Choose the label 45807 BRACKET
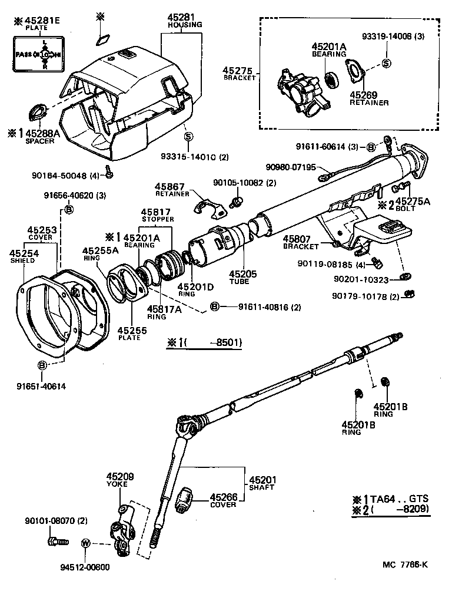[300, 242]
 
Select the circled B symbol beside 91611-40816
[215, 306]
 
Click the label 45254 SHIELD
[22, 257]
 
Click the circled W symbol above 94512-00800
[85, 543]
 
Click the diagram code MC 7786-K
[405, 565]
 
